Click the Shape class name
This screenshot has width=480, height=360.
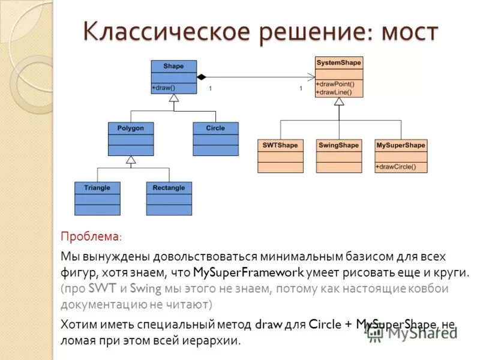coord(173,66)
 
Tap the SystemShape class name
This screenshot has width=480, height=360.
coord(338,62)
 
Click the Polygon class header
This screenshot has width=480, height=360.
coord(131,128)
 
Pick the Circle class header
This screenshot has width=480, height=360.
coord(215,128)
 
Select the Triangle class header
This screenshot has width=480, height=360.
coord(97,187)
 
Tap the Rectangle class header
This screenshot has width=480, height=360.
coord(169,187)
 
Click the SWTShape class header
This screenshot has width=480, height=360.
coord(280,145)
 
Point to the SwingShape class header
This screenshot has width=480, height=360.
coord(339,145)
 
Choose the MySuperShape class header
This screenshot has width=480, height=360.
coord(401,145)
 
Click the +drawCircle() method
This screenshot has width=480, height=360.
coord(396,166)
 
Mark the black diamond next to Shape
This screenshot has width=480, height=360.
coord(202,77)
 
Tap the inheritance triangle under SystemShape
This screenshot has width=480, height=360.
coord(339,101)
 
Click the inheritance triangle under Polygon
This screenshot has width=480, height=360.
coord(131,160)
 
